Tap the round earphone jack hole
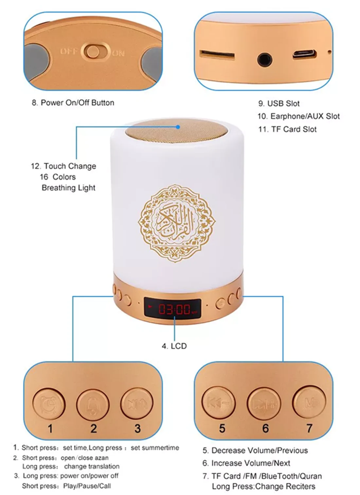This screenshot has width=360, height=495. tap(264, 60)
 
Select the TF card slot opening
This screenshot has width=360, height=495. tap(217, 55)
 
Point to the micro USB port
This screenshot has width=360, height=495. tap(304, 54)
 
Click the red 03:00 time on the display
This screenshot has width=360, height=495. tap(174, 309)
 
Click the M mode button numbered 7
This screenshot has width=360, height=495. tap(309, 402)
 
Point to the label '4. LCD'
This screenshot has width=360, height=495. tap(174, 346)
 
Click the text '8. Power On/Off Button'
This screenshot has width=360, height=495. tap(73, 103)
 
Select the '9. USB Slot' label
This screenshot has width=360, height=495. tap(279, 104)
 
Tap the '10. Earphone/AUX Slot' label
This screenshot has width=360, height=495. tap(298, 116)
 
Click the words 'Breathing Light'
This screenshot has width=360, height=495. tap(68, 188)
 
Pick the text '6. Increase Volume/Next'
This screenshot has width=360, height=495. tap(246, 463)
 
